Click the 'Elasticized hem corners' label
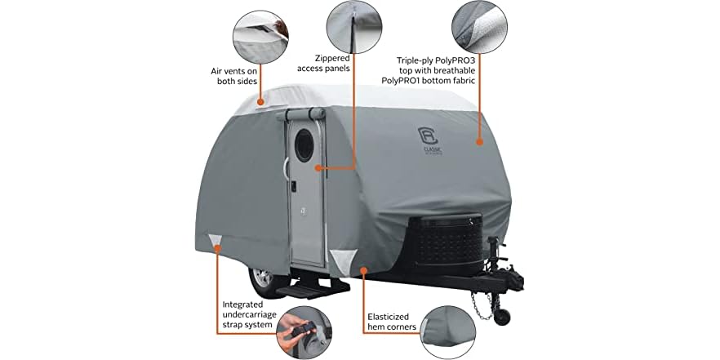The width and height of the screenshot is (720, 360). click(390, 321)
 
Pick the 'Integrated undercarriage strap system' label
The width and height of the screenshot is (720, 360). click(242, 317)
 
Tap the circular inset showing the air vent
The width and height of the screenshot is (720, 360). click(262, 35)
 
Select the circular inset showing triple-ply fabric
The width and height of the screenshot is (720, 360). click(482, 27)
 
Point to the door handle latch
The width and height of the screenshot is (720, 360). click(291, 189)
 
